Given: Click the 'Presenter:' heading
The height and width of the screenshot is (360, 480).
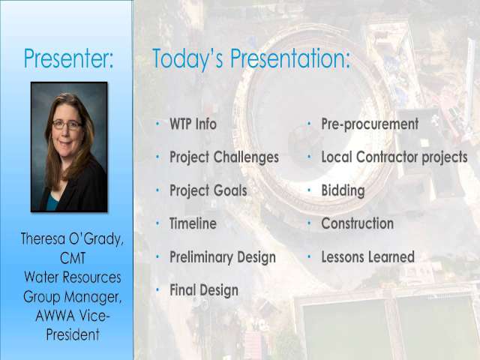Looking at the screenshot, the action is [x=68, y=58].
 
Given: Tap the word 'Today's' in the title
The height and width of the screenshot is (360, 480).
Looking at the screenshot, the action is [x=187, y=58].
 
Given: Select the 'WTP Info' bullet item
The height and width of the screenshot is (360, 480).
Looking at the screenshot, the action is [x=193, y=124].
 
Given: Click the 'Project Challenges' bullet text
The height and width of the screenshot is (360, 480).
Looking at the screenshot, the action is [x=224, y=157].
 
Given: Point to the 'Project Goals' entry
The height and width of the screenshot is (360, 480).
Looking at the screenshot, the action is [x=208, y=190].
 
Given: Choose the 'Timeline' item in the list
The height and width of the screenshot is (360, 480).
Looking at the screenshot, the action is [x=193, y=223].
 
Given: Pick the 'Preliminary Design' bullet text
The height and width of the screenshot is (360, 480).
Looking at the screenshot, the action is [x=223, y=257].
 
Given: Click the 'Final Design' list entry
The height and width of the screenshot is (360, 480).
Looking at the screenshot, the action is [x=204, y=290].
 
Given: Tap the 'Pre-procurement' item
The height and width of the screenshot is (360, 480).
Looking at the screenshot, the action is [x=370, y=124].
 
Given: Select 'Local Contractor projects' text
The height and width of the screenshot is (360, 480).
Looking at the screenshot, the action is [x=394, y=157].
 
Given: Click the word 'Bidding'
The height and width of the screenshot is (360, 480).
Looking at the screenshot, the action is [x=343, y=190].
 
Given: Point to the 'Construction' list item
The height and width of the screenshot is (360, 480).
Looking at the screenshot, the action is [x=358, y=223].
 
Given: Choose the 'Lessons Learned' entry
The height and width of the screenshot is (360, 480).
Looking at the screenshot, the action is [x=368, y=256].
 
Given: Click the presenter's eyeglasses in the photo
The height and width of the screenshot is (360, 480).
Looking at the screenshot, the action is [x=67, y=124].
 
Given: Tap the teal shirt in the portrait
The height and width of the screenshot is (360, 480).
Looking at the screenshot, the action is [x=52, y=202].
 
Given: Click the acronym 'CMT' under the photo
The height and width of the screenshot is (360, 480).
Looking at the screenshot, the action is [x=73, y=258].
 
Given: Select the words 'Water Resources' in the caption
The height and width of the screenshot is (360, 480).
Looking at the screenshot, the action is [x=73, y=277].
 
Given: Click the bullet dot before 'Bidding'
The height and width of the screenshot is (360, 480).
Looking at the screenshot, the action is [x=309, y=190].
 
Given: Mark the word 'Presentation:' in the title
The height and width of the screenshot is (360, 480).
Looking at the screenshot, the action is [x=290, y=58].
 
